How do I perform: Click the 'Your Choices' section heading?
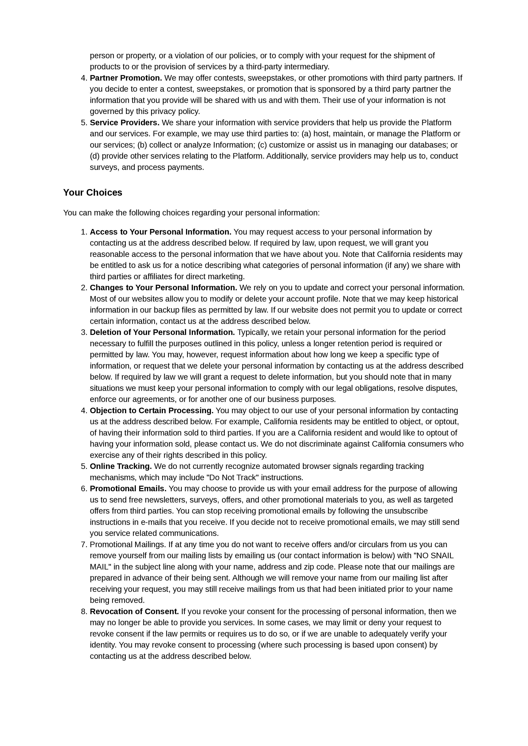93,192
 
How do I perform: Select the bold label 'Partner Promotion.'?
126,78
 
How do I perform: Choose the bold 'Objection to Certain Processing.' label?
152,410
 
